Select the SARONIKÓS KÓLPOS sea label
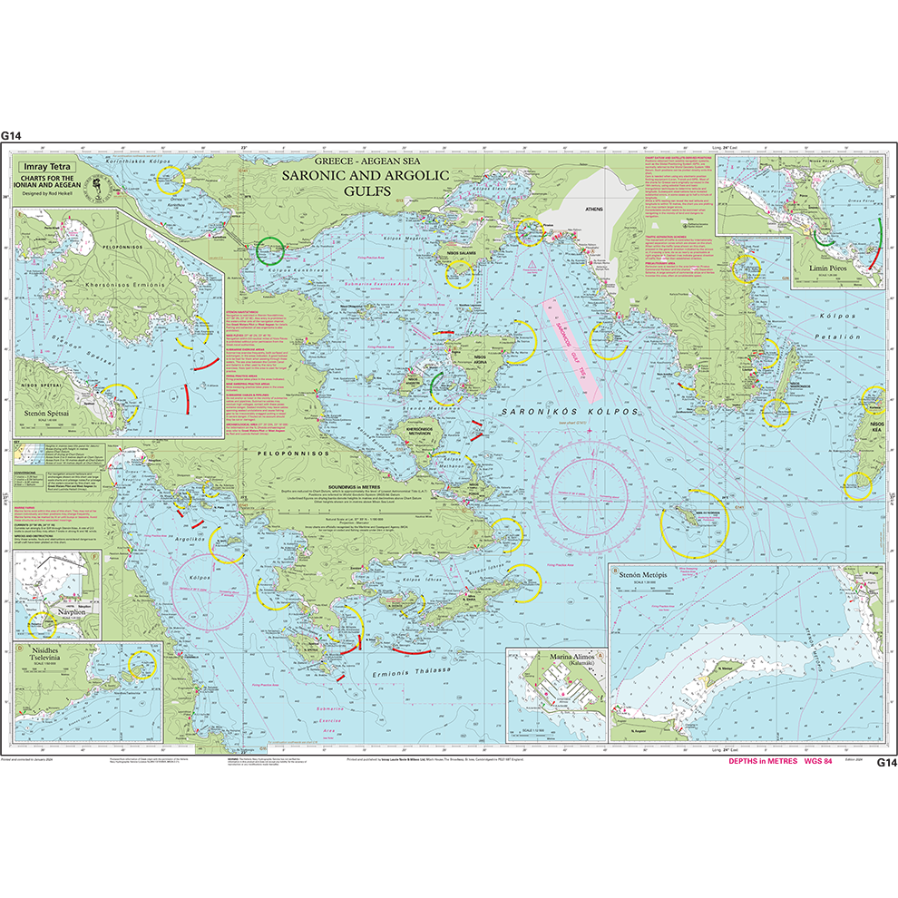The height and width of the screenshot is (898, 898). (x=569, y=412)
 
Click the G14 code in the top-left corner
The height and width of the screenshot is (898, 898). (x=11, y=135)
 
